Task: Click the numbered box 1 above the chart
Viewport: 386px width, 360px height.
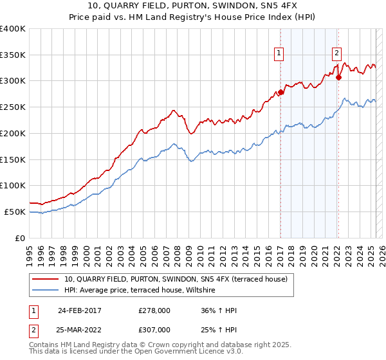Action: coord(280,54)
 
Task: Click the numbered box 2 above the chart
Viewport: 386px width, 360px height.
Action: coord(336,54)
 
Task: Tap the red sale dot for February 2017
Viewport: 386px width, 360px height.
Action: coord(280,93)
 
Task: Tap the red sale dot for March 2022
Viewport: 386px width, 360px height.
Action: coord(338,78)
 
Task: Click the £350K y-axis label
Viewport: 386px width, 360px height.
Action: coord(13,55)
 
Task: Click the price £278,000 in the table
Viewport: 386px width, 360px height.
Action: coord(154,310)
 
